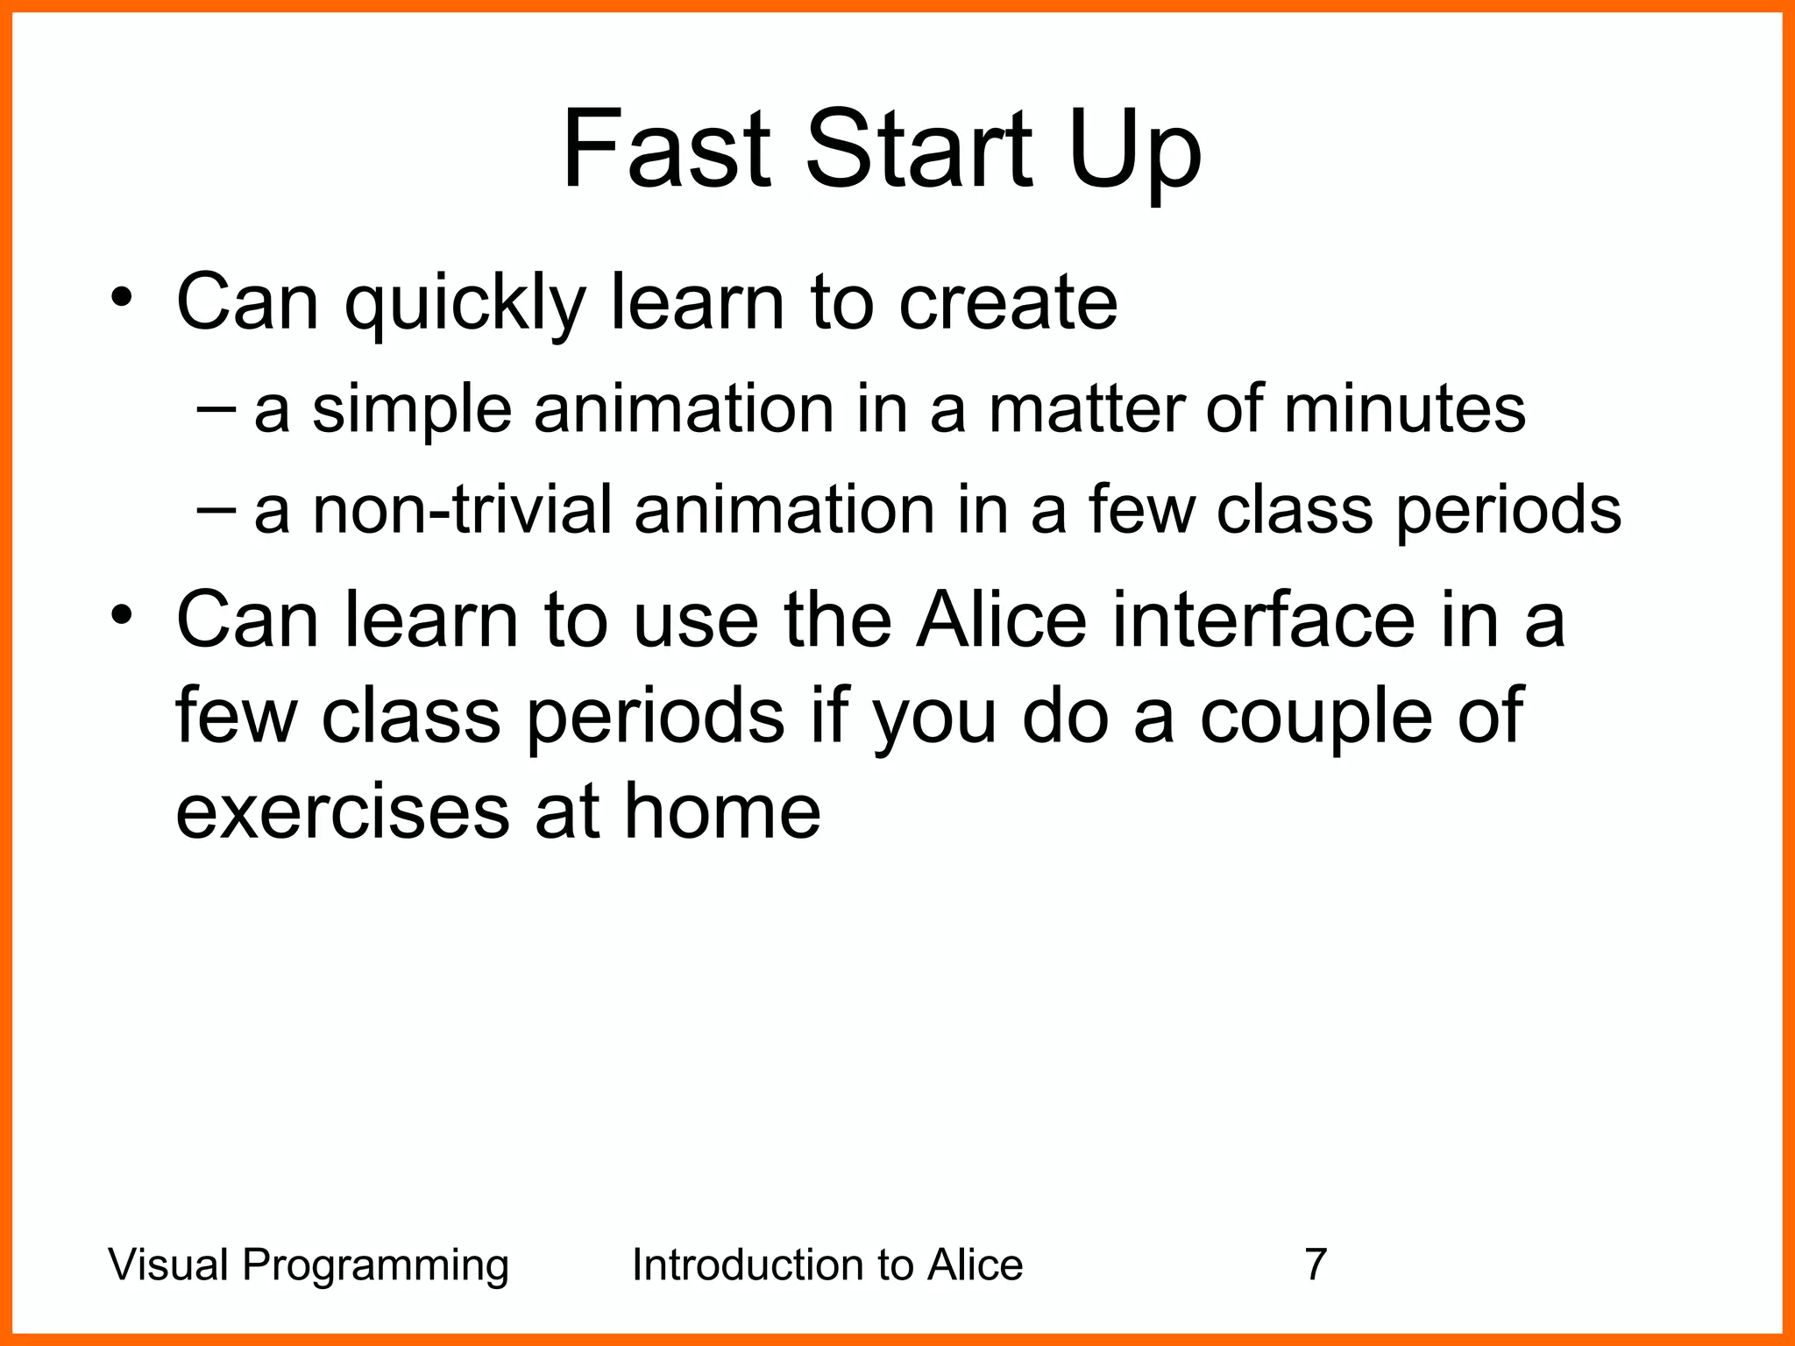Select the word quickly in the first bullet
pyautogui.click(x=465, y=304)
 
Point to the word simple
pyautogui.click(x=411, y=410)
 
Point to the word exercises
pyautogui.click(x=343, y=811)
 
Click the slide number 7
pyautogui.click(x=1316, y=1265)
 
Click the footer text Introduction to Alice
pyautogui.click(x=827, y=1265)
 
